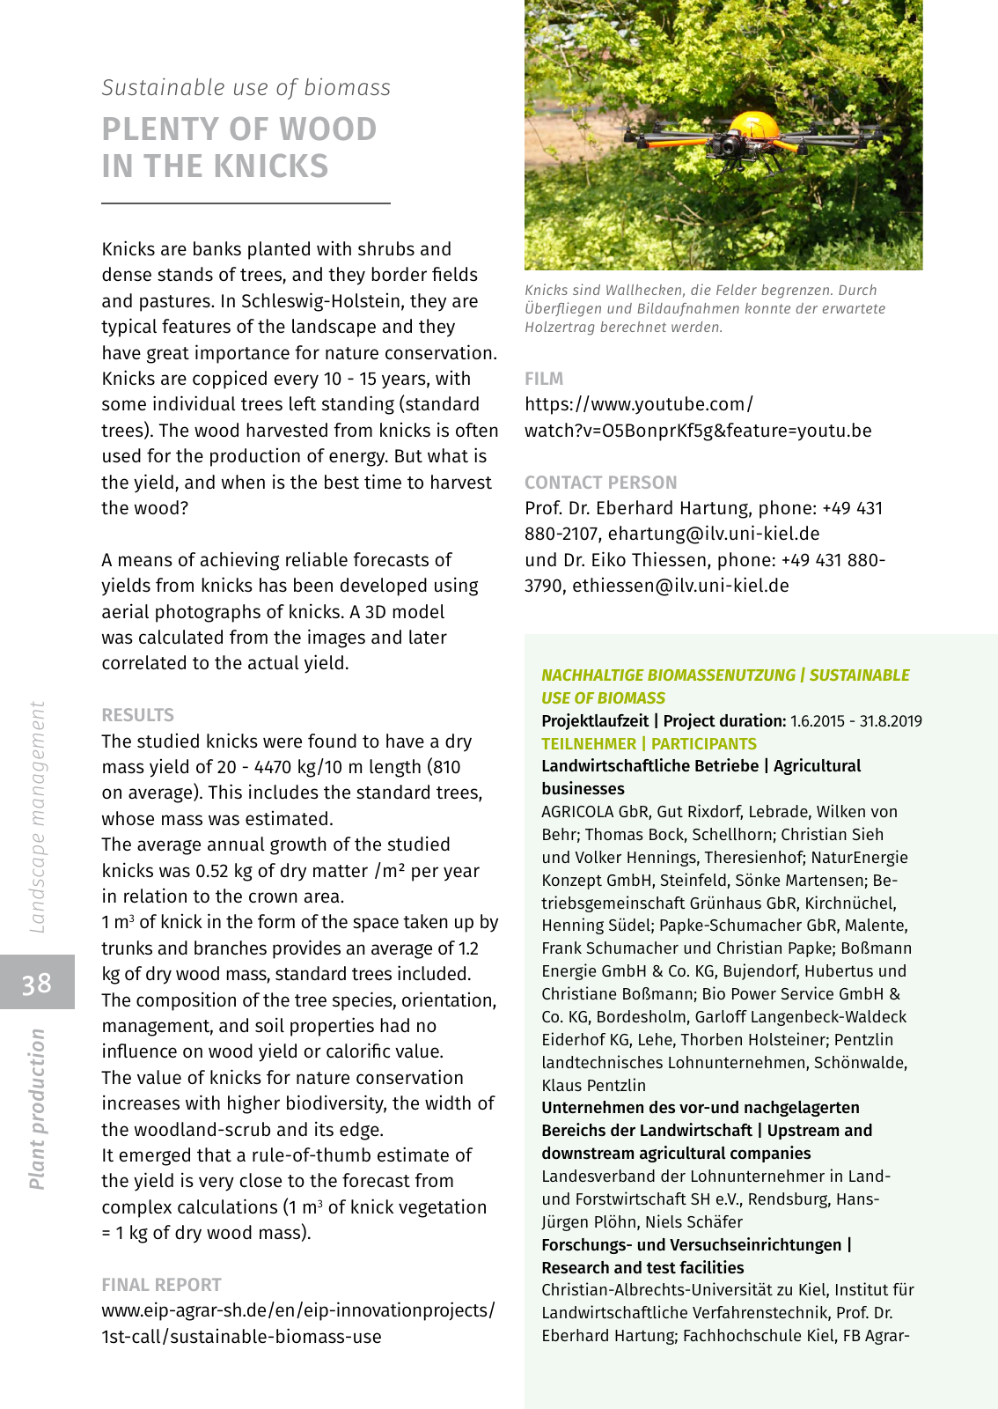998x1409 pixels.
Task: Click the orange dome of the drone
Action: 754,125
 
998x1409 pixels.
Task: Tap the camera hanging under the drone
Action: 730,144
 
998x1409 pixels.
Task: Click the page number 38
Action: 37,983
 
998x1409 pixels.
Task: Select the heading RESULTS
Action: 137,715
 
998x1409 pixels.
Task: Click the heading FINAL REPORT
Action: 161,1285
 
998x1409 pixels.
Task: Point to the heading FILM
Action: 544,379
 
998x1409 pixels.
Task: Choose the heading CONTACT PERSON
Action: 600,483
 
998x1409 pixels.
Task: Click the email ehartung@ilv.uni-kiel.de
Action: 714,534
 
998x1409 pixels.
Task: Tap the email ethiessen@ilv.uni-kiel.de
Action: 680,586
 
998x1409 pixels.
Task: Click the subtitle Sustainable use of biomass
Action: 246,88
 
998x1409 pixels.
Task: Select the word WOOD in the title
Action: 329,129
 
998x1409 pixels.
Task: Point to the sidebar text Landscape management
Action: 37,816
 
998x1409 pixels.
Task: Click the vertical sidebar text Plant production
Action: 37,1109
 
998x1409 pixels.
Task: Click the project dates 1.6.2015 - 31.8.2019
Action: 855,721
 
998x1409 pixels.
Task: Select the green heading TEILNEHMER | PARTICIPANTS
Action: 649,744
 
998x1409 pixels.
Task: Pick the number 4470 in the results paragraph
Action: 278,767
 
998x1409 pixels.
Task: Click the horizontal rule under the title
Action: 246,203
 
